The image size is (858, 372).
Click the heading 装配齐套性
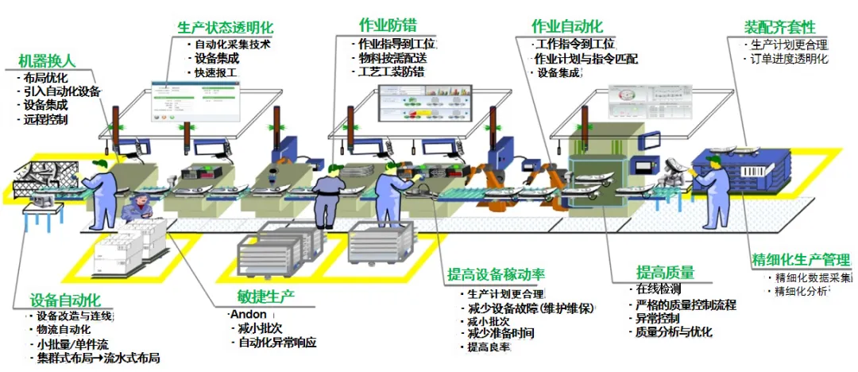click(769, 26)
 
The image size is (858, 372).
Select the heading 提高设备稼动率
click(496, 275)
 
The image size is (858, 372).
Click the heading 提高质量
click(665, 273)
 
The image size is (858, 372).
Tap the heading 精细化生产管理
click(800, 259)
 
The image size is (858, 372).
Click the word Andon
click(248, 314)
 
